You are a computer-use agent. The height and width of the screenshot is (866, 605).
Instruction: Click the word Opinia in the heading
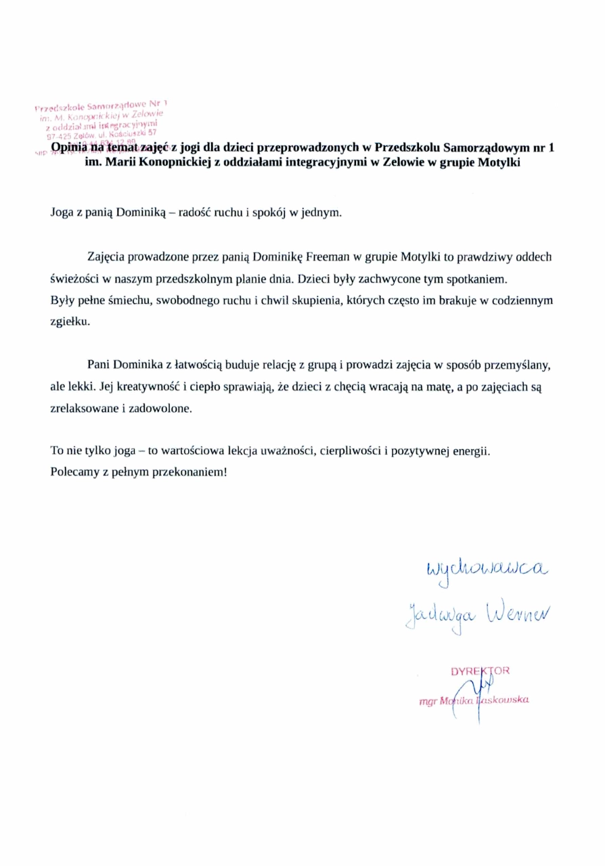[x=68, y=147]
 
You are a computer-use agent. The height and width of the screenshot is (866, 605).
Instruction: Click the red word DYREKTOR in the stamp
[x=480, y=671]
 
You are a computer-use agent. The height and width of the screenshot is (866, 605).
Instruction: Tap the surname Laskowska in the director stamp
[x=504, y=700]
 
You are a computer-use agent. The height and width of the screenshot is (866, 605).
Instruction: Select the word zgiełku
[x=69, y=323]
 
